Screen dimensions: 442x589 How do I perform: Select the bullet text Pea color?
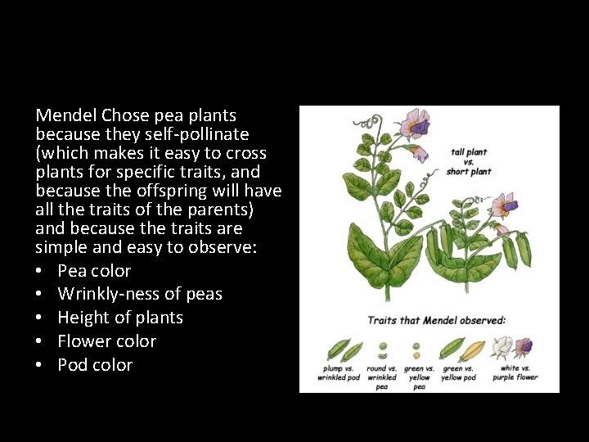(94, 270)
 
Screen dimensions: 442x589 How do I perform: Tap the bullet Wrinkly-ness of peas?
(140, 294)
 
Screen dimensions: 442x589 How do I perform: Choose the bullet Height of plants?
(120, 318)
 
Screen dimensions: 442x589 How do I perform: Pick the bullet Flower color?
(106, 341)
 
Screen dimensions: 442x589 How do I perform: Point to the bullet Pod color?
(95, 365)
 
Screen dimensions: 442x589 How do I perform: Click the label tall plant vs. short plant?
(469, 162)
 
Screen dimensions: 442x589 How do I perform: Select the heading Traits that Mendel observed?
(437, 320)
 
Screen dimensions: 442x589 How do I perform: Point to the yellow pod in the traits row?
(473, 350)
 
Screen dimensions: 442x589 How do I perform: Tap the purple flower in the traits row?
(524, 347)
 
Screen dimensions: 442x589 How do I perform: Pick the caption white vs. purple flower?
(515, 373)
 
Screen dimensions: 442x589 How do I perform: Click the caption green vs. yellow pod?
(458, 373)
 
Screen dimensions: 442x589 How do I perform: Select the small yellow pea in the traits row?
(418, 355)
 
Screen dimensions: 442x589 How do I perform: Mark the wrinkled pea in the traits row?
(381, 355)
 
